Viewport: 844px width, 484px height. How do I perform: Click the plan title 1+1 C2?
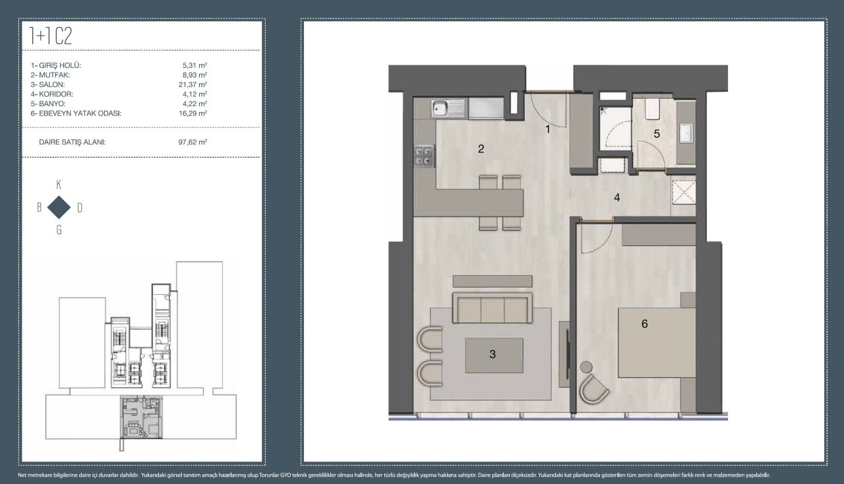tap(51, 36)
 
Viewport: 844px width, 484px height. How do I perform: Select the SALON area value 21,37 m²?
tap(193, 84)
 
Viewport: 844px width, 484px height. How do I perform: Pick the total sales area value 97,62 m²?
tap(193, 142)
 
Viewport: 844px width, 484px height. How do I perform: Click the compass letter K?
tap(59, 185)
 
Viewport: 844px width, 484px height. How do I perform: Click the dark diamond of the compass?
tap(59, 207)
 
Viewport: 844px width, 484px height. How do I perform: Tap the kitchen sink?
tap(448, 108)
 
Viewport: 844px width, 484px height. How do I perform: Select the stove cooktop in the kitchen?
tap(424, 156)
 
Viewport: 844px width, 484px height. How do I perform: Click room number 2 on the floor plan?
tap(481, 149)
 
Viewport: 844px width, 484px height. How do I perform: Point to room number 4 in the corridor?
tap(617, 197)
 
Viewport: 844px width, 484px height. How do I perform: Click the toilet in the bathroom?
tap(652, 109)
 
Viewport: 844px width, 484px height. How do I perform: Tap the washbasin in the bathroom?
tap(686, 133)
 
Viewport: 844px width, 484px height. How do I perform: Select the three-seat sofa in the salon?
tap(493, 307)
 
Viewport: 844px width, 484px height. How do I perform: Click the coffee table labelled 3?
tap(494, 355)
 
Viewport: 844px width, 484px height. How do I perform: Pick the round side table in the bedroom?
tap(586, 367)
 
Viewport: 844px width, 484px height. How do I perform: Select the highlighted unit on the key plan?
tap(141, 417)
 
